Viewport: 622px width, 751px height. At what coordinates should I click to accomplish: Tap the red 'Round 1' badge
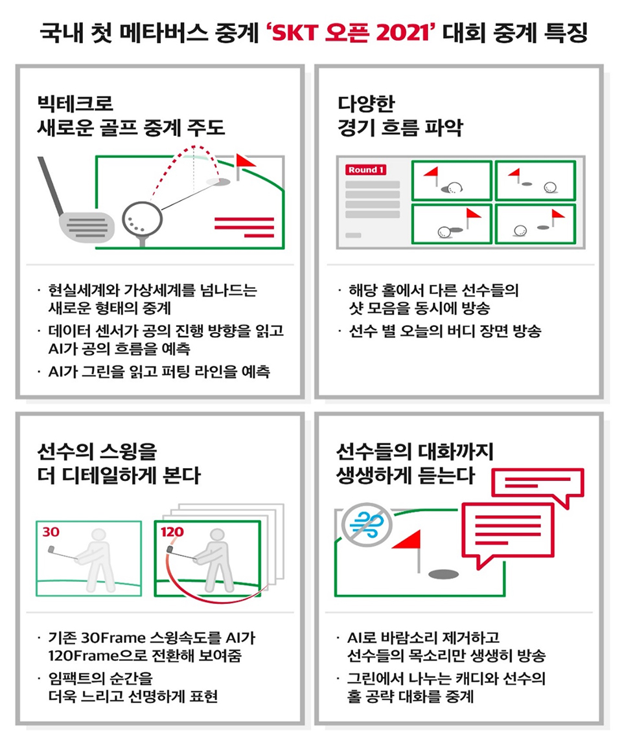[366, 170]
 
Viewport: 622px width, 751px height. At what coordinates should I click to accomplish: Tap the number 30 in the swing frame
[51, 532]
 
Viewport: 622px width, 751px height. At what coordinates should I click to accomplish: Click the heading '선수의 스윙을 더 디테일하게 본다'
[119, 463]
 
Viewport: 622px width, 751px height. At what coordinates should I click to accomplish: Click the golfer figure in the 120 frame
[214, 559]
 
